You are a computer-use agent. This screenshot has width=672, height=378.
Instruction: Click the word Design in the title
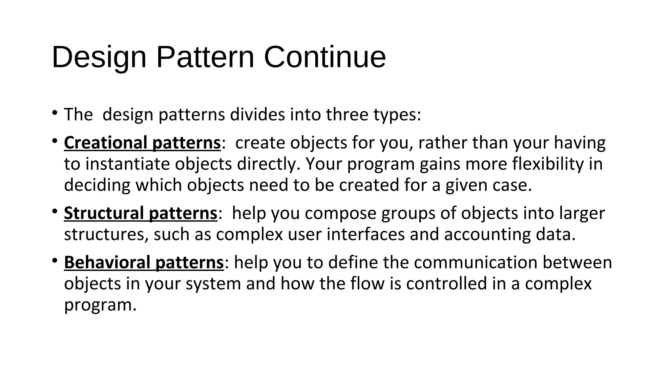coord(99,58)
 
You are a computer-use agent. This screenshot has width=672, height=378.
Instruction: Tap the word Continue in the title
coord(325,57)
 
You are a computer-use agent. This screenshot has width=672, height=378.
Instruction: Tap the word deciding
coord(97,185)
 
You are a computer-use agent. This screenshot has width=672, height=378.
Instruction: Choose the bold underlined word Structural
coord(104,213)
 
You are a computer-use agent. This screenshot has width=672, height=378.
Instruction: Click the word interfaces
coord(366,235)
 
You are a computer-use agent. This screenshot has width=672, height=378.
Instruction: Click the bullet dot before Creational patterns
coord(55,141)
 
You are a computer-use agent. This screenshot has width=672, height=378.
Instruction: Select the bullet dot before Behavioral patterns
coord(55,261)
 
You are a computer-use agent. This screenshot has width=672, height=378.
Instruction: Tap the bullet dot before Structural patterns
coord(55,211)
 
